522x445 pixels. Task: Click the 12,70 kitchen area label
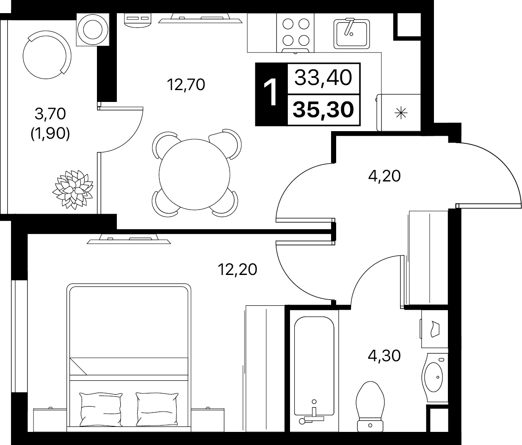tap(186, 85)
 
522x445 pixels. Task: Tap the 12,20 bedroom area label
tap(238, 269)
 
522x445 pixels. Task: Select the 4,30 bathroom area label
tap(384, 356)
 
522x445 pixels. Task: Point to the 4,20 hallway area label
tap(384, 176)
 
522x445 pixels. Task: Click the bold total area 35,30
tap(323, 110)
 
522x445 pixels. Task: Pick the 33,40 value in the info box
tap(323, 78)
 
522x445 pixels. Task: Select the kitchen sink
tap(351, 34)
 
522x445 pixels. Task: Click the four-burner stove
tap(296, 33)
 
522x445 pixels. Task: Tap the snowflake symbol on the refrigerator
tap(401, 113)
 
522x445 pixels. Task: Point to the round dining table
tap(194, 174)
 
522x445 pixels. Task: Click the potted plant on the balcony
tap(73, 190)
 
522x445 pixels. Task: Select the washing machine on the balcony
tap(93, 30)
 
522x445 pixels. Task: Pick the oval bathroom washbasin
tap(434, 377)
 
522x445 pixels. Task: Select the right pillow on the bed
tap(157, 409)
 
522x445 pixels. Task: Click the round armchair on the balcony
tap(47, 55)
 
